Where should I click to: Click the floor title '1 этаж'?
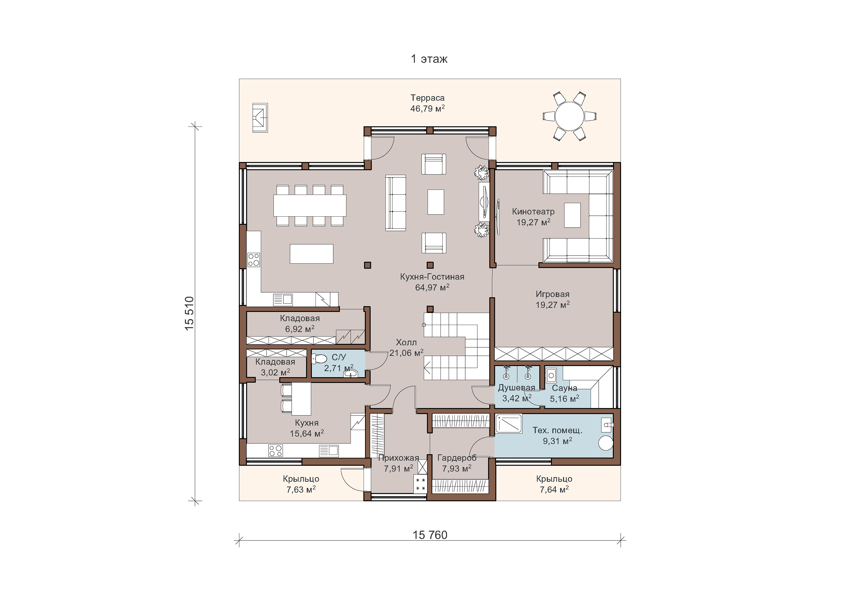[429, 59]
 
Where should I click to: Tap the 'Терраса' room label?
[427, 98]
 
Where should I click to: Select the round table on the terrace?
[570, 116]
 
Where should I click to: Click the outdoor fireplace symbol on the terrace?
[260, 118]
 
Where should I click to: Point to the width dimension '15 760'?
[430, 535]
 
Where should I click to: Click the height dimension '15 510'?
[189, 313]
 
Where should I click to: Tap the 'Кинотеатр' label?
[533, 212]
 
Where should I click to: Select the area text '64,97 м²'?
[432, 287]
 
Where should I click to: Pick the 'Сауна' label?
[564, 388]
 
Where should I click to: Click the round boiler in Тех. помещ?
[606, 443]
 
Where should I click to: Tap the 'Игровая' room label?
[553, 294]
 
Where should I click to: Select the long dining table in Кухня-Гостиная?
[310, 206]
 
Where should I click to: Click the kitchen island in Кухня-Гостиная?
[311, 254]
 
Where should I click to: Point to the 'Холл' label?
[406, 343]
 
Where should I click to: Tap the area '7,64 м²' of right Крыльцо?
[554, 489]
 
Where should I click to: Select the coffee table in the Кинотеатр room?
[572, 215]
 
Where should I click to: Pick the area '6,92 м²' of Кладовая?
[300, 329]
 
